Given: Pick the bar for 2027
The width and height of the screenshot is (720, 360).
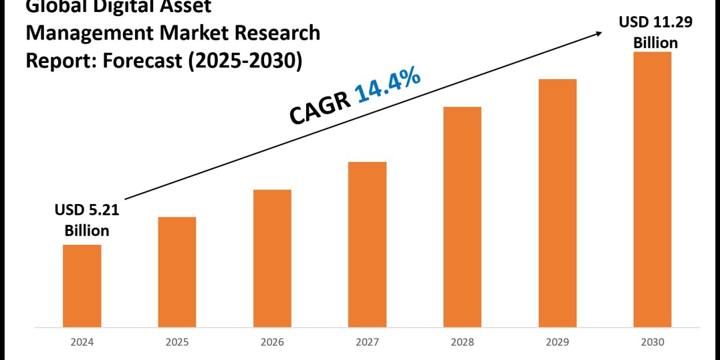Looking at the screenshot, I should click(367, 244).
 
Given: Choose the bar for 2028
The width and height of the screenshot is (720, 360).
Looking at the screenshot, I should click(462, 217).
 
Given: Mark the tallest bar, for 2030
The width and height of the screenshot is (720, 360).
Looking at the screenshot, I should click(652, 189).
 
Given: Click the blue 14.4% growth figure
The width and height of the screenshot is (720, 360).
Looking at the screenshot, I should click(388, 88).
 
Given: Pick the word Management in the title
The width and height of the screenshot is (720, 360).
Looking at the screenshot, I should click(81, 34).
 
